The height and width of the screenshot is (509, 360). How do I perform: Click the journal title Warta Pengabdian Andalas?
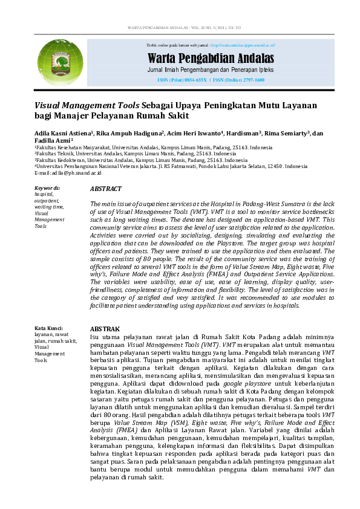211,59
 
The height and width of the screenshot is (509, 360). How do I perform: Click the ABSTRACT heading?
105,189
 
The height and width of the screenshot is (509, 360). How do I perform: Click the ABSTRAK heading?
105,329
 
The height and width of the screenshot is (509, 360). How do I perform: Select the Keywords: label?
47,188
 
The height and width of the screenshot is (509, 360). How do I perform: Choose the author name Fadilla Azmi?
53,140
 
